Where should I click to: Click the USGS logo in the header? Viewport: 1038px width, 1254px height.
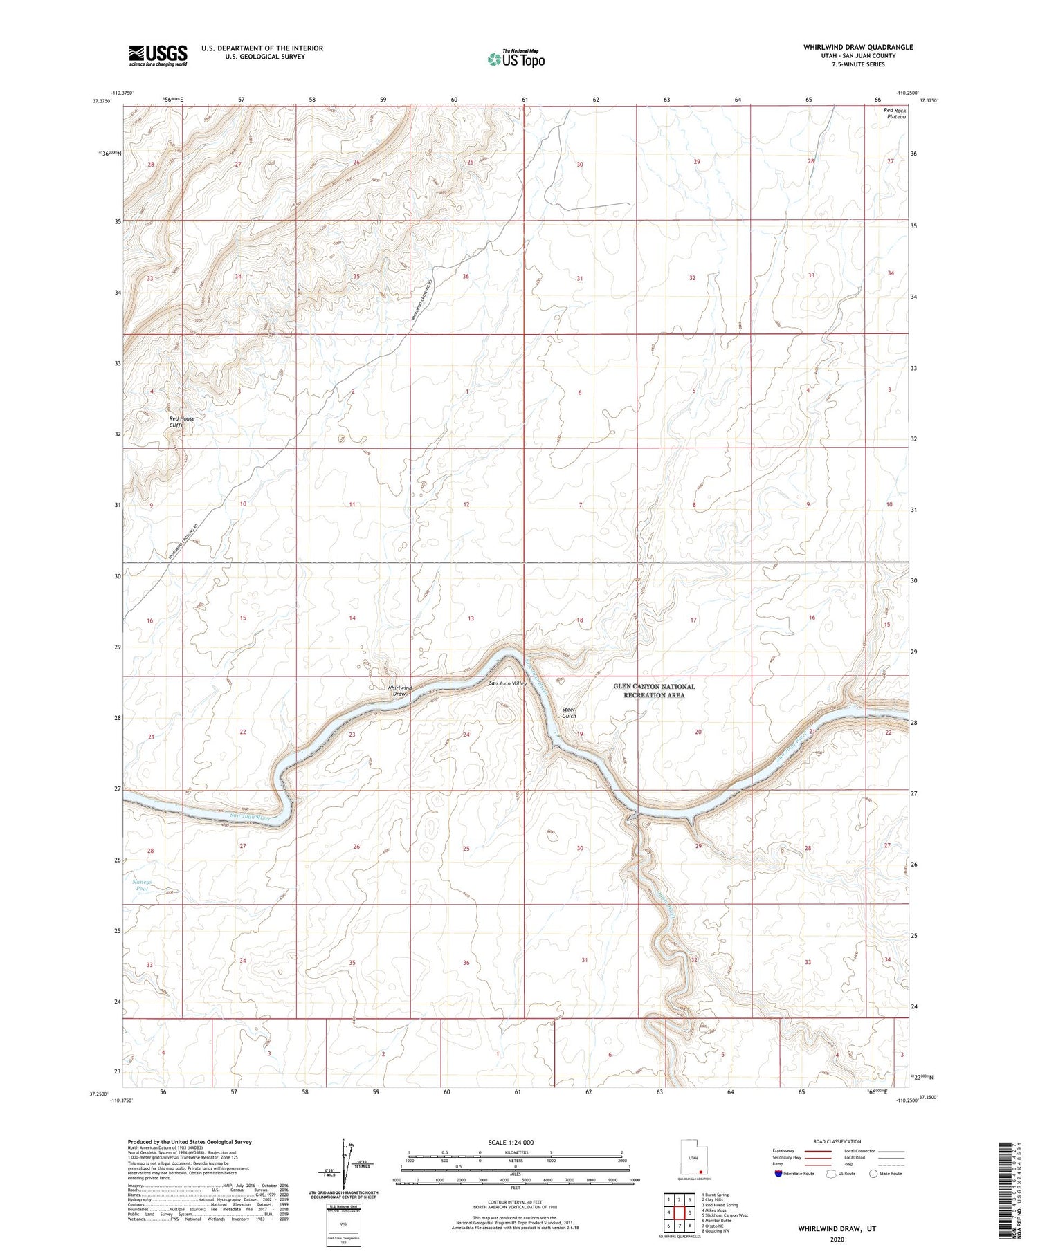158,55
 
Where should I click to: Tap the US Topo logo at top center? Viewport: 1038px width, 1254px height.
516,59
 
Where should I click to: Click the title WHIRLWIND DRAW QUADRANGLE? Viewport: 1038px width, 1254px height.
857,47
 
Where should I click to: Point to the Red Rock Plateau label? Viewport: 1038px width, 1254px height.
895,113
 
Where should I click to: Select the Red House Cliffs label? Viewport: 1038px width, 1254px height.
182,422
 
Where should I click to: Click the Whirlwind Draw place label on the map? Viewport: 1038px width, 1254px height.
399,690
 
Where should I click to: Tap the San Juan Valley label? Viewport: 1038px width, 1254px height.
508,683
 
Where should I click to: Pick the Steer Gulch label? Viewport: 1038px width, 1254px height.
569,712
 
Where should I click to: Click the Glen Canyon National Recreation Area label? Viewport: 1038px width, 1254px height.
654,690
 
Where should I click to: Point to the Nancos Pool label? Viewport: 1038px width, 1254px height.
141,885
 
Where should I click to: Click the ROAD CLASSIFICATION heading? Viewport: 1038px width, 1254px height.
837,1141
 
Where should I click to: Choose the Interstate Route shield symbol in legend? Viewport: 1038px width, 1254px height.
778,1174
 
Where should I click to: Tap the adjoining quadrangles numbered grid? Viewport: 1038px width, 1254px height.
679,1212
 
